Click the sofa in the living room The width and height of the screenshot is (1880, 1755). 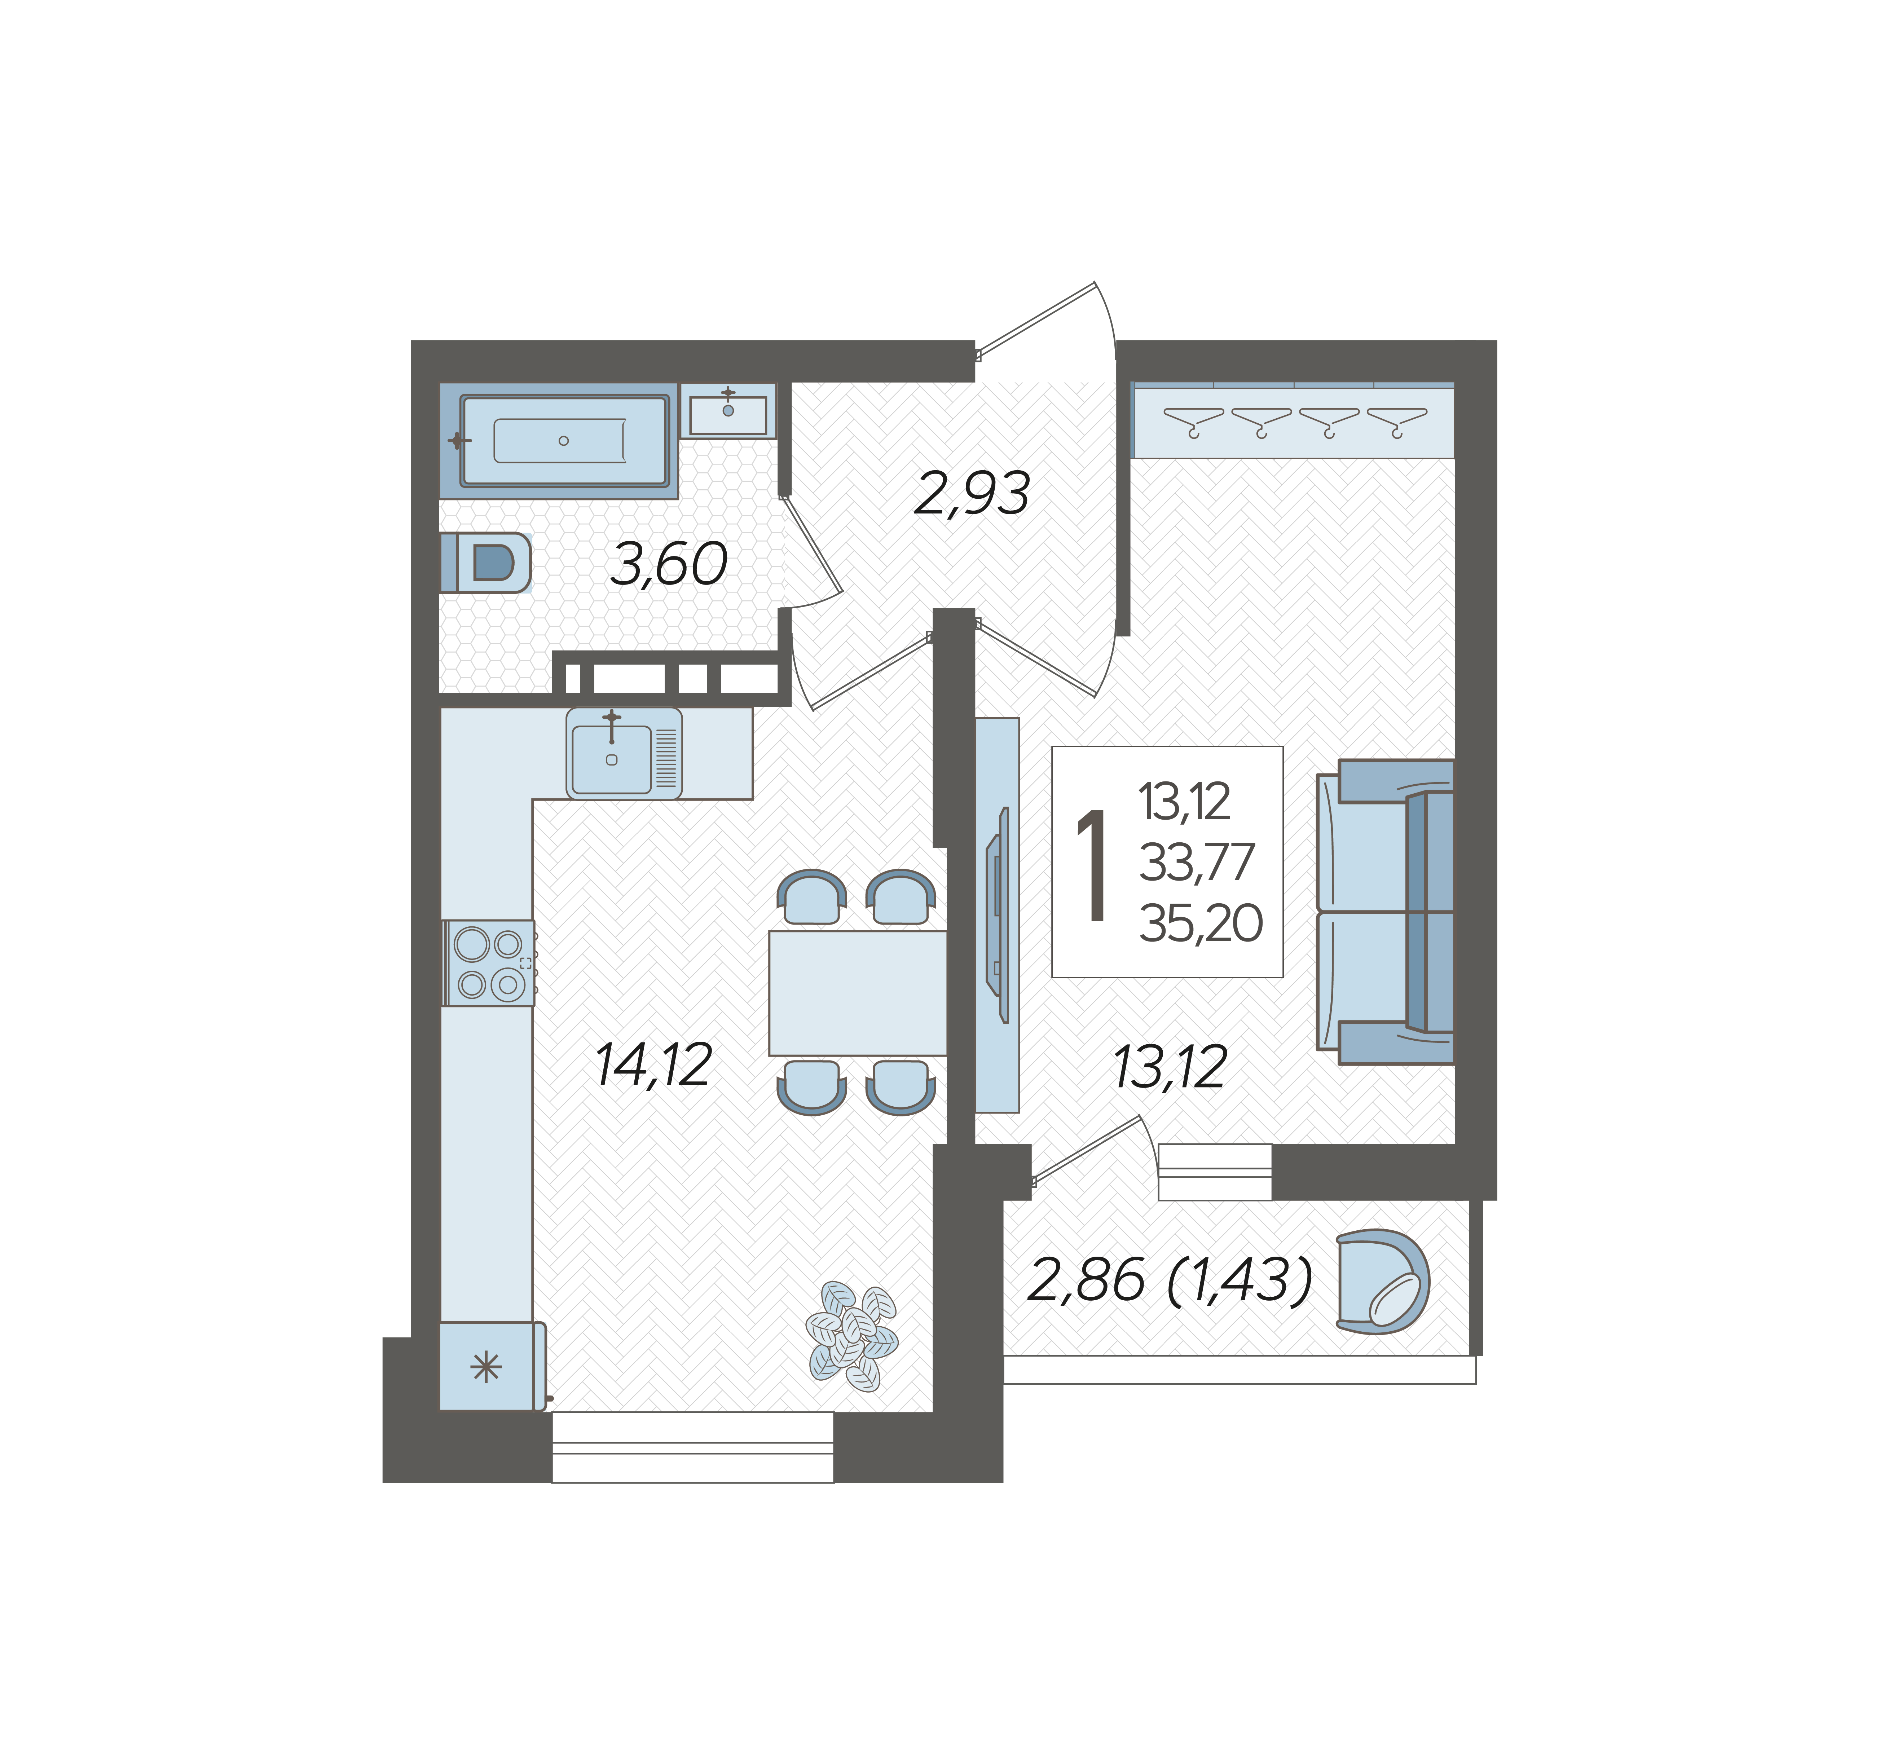tap(1386, 913)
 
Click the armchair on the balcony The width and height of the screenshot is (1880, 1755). tap(1383, 1282)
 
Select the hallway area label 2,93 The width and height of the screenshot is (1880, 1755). tap(972, 494)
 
